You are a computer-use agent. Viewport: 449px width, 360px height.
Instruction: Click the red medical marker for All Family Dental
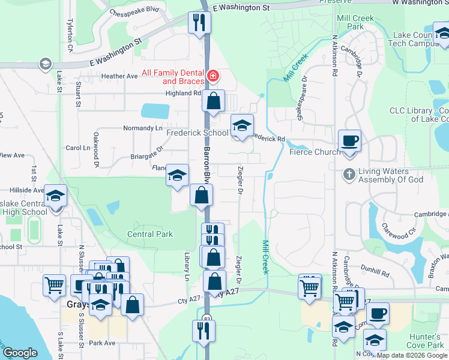point(212,76)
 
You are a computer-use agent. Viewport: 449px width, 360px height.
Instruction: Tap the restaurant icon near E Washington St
point(198,23)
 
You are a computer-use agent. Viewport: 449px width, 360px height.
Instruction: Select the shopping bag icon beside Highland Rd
point(213,101)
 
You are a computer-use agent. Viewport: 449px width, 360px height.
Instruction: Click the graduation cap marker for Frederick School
point(241,125)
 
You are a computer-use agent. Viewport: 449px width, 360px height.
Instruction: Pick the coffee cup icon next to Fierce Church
point(349,141)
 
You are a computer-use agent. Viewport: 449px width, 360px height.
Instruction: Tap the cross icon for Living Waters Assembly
point(349,175)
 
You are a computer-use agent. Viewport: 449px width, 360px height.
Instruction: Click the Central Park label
point(150,234)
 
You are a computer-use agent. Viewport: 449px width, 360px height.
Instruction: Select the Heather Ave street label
point(119,76)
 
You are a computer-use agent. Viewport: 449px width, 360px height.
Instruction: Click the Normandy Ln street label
point(143,128)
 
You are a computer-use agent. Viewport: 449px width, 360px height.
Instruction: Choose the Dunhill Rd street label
point(376,274)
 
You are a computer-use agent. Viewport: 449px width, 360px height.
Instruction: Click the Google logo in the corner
point(20,353)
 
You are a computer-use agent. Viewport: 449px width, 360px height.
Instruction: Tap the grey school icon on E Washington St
point(44,64)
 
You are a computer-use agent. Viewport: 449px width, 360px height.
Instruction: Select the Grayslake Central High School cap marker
point(55,197)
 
